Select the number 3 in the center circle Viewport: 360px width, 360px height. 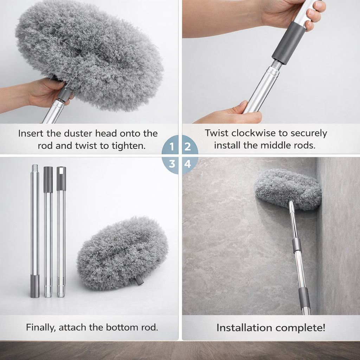pos(172,164)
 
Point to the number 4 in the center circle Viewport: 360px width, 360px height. pos(188,164)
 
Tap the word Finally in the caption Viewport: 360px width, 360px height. pos(40,327)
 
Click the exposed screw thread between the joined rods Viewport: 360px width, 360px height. pos(277,65)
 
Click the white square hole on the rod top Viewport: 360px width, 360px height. pos(61,171)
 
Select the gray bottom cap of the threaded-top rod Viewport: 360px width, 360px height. pos(35,286)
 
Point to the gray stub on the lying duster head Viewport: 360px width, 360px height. pos(140,280)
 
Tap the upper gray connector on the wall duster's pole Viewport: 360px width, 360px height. pos(297,245)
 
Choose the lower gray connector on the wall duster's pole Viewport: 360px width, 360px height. pos(304,297)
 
